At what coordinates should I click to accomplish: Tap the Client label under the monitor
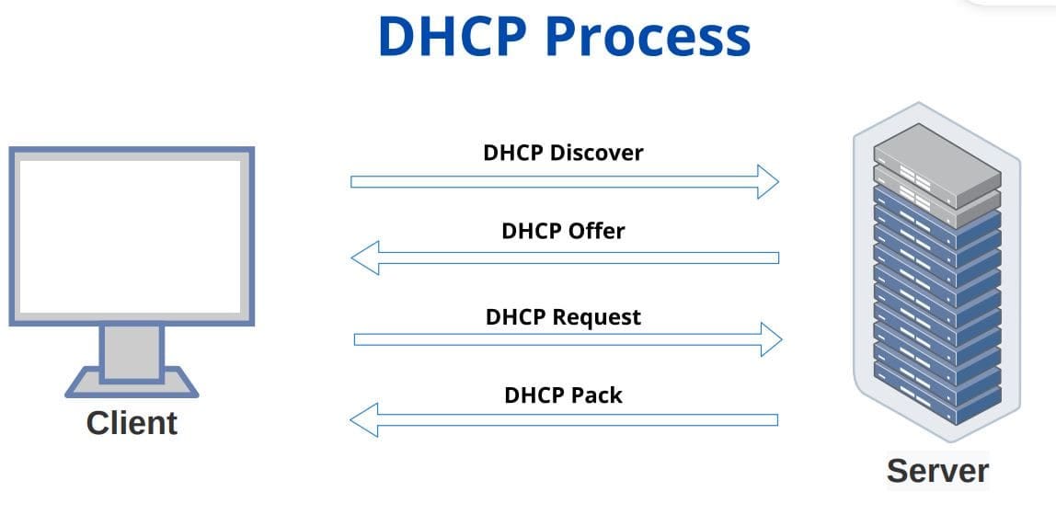click(132, 423)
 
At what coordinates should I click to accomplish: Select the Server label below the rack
click(937, 470)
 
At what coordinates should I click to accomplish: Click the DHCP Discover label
click(563, 153)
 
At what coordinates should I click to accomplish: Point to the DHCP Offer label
click(563, 231)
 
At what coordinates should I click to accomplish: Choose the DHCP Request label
click(563, 317)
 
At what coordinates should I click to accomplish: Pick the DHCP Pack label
click(563, 395)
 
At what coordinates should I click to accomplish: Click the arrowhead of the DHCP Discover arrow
click(768, 181)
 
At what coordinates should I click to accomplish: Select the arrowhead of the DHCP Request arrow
click(771, 339)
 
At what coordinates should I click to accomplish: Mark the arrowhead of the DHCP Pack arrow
click(363, 420)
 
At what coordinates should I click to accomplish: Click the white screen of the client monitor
click(131, 235)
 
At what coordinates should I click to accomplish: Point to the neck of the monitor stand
click(132, 351)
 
